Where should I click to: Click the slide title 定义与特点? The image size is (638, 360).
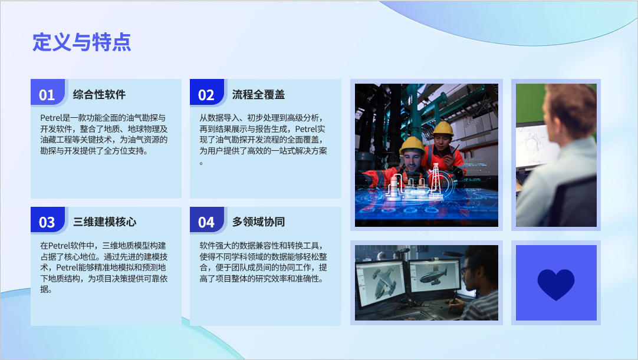pos(82,42)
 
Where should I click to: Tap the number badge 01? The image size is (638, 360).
pos(47,95)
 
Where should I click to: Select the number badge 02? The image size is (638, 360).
pos(206,95)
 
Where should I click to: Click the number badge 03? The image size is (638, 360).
pos(47,223)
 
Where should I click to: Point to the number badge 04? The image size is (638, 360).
pos(206,223)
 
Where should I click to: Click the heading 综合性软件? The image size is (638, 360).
pos(99,95)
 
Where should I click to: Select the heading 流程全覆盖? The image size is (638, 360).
pos(258,95)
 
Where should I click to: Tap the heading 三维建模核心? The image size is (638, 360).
pos(104,222)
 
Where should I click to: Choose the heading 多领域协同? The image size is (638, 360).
pos(258,222)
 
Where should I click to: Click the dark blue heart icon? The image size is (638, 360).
pos(556,284)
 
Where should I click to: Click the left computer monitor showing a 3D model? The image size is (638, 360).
pos(380,282)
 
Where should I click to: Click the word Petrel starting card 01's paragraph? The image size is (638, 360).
pos(50,118)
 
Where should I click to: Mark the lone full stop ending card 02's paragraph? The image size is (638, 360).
pos(201,163)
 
